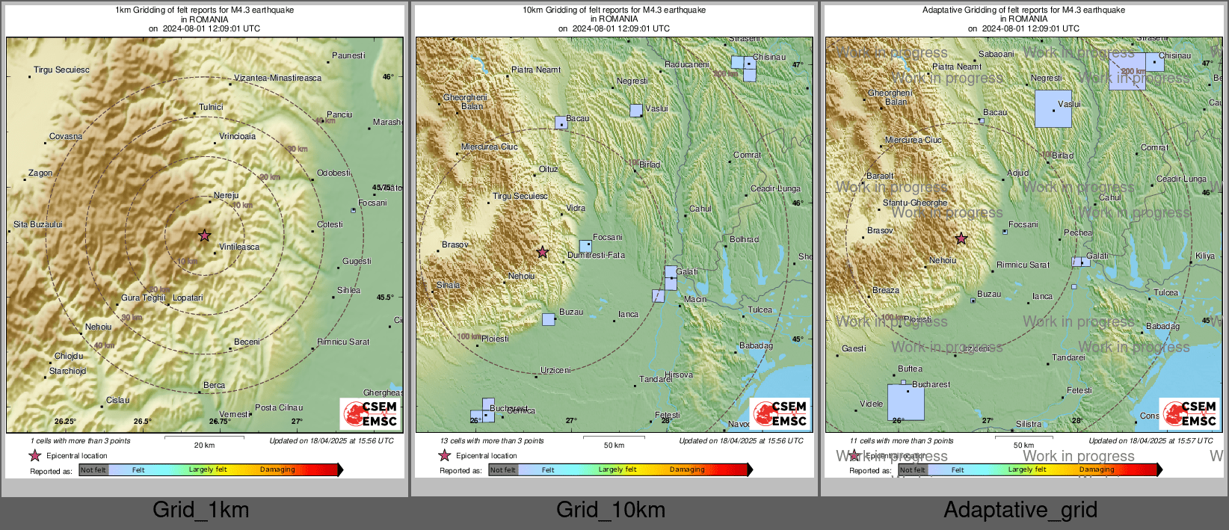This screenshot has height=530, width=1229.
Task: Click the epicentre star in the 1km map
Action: pos(204,235)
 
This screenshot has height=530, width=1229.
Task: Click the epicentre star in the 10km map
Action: pos(543,252)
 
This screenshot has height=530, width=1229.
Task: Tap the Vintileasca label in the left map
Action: pos(239,247)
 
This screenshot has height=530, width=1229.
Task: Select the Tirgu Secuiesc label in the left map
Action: pos(61,70)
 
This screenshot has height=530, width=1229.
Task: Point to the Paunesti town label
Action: pos(348,55)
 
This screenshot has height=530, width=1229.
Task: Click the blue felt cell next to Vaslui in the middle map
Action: pos(635,111)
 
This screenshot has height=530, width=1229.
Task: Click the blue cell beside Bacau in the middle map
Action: pos(561,123)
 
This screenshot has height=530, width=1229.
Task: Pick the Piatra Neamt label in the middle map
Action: pos(536,70)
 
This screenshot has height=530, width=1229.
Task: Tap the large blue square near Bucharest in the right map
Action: pos(905,402)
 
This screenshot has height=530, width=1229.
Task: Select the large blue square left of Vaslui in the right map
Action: pos(1053,109)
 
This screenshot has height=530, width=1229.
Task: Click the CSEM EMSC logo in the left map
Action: pos(370,413)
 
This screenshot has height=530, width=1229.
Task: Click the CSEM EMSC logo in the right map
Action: pos(1189,413)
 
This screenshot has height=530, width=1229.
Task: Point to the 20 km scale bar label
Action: pos(204,445)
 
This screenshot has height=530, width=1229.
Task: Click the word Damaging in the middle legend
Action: pos(686,469)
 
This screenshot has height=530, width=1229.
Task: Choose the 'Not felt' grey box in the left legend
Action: pos(93,469)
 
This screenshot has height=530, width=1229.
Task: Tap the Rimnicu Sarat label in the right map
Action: pos(1023,265)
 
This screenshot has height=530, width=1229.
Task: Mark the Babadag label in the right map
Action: pos(1162,326)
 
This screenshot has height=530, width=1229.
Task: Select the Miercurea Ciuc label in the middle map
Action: pos(489,147)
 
